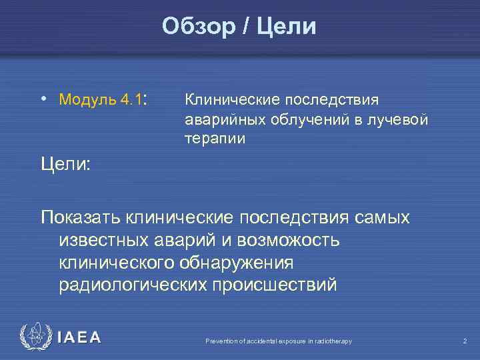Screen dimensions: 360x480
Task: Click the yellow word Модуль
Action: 89,100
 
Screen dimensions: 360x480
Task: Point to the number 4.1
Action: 133,100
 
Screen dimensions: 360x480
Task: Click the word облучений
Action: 303,119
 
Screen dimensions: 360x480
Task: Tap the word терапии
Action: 215,139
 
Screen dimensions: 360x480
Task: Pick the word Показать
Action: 82,217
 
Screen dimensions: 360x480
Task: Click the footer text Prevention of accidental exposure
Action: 278,341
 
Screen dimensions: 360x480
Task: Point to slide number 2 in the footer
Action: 465,341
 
